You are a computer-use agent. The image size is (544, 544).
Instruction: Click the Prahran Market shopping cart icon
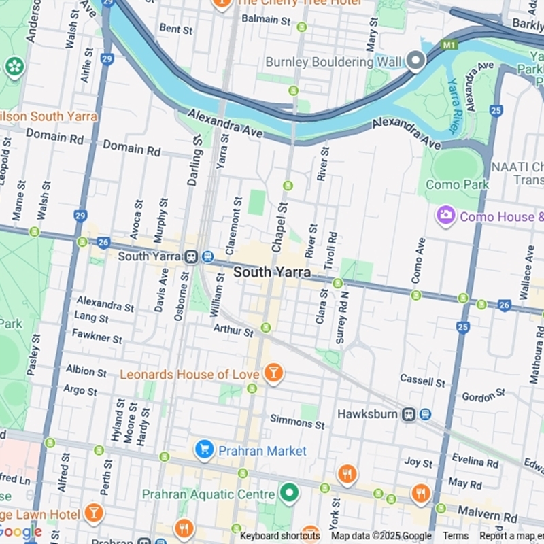click(204, 449)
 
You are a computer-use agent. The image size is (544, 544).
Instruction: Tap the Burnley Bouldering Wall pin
click(416, 62)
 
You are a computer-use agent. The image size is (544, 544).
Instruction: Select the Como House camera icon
click(446, 216)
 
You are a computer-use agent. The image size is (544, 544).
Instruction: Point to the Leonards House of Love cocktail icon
click(273, 373)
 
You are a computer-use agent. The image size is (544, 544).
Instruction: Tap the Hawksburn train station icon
click(409, 414)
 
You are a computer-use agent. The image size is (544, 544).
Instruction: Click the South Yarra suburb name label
click(272, 272)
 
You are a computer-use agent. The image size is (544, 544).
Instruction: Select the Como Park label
click(457, 184)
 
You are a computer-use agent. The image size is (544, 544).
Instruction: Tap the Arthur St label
click(233, 330)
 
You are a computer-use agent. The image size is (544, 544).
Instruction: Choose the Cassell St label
click(422, 379)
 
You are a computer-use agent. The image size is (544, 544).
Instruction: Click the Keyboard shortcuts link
click(279, 536)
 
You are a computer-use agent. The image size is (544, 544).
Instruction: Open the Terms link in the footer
click(455, 536)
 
